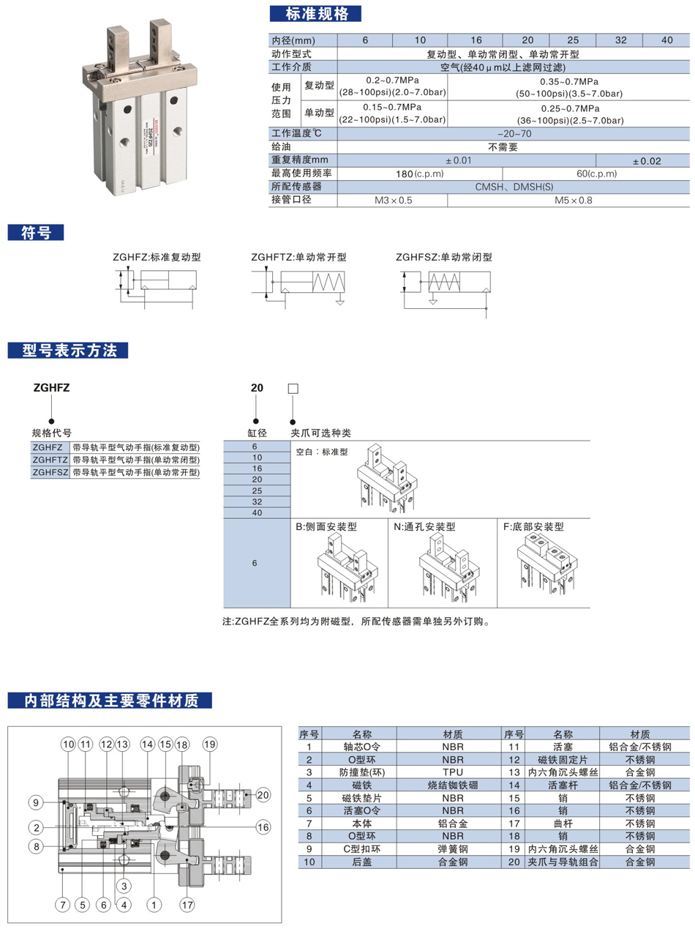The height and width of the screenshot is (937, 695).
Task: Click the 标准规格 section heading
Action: pyautogui.click(x=315, y=13)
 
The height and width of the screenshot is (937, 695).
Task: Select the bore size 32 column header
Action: pyautogui.click(x=620, y=40)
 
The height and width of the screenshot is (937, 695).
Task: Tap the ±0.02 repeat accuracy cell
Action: pyautogui.click(x=646, y=160)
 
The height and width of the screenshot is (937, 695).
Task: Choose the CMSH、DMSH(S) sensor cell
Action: pyautogui.click(x=514, y=187)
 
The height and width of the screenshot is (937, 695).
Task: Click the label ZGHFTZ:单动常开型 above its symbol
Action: pyautogui.click(x=298, y=258)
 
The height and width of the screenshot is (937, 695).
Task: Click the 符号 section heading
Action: pyautogui.click(x=36, y=233)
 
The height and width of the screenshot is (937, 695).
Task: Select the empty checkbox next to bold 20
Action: pyautogui.click(x=293, y=389)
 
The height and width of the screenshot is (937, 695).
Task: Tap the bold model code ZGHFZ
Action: pyautogui.click(x=51, y=389)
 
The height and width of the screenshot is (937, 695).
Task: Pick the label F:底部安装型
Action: pyautogui.click(x=534, y=526)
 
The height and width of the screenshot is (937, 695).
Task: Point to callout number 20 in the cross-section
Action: pyautogui.click(x=263, y=795)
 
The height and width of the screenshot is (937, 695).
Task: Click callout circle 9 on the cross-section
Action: pyautogui.click(x=35, y=802)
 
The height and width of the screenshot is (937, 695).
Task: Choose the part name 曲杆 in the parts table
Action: pyautogui.click(x=563, y=824)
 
